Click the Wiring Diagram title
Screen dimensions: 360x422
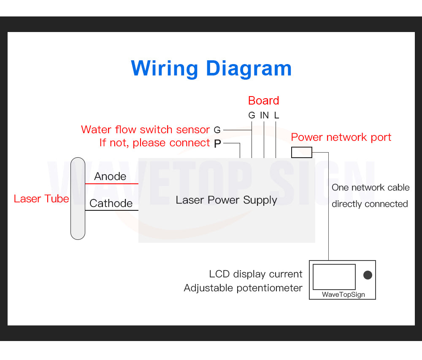(211, 69)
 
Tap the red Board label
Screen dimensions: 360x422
(263, 101)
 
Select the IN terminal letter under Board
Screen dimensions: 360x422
(264, 115)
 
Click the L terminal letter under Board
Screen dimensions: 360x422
(276, 115)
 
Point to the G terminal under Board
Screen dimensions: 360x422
(252, 115)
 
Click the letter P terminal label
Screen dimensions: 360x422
(217, 144)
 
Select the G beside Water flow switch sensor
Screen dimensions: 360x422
(217, 130)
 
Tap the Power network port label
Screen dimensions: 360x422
(341, 137)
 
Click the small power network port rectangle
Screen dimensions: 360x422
(301, 152)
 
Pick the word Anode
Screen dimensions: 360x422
(110, 176)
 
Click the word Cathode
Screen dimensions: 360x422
(111, 203)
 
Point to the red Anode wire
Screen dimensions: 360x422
(112, 184)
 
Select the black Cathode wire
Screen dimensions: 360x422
(112, 210)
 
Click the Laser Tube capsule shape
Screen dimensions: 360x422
(78, 198)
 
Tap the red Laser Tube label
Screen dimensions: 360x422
(41, 199)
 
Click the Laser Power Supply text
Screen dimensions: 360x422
(226, 200)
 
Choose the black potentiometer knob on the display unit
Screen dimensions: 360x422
(368, 275)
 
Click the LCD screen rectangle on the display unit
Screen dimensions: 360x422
(334, 277)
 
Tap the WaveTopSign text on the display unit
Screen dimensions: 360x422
(343, 294)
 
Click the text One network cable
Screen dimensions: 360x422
(371, 188)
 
